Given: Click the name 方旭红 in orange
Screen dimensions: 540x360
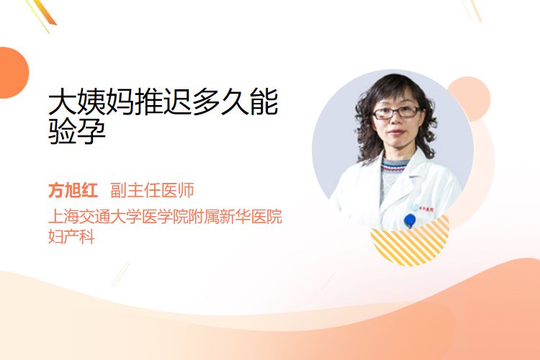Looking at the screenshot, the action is pyautogui.click(x=73, y=190).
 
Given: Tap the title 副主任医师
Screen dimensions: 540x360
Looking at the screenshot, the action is pyautogui.click(x=152, y=190).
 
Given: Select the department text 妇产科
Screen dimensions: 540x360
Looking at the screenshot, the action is pyautogui.click(x=71, y=236).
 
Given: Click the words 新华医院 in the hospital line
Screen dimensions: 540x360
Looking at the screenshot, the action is pyautogui.click(x=251, y=216).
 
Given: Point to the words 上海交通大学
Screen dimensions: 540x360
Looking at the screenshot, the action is pyautogui.click(x=87, y=216).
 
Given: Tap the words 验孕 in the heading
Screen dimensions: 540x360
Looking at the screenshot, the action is pyautogui.click(x=77, y=131).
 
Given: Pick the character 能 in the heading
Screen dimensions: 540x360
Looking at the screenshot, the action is pyautogui.click(x=264, y=102).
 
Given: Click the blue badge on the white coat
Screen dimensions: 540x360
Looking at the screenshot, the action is pyautogui.click(x=410, y=220).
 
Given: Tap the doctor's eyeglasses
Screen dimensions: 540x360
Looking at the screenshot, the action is pyautogui.click(x=397, y=112).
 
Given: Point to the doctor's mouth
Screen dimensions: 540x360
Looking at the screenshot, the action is pyautogui.click(x=396, y=132).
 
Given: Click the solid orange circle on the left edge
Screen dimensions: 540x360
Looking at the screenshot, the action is pyautogui.click(x=13, y=73).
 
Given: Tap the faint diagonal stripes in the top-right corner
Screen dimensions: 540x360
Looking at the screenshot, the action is pyautogui.click(x=472, y=10).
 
